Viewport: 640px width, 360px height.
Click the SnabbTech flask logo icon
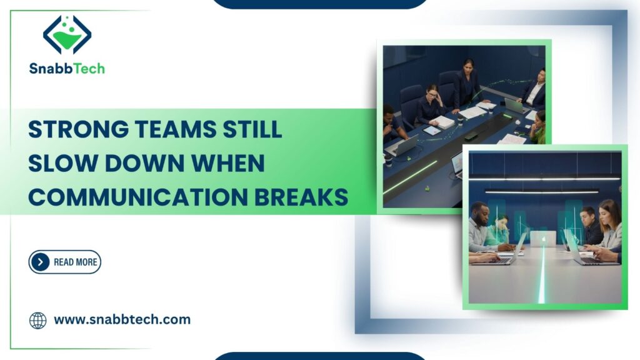[x=67, y=35]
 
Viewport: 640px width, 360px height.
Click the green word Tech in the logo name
[x=89, y=69]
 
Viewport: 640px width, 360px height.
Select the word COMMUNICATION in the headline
[x=138, y=197]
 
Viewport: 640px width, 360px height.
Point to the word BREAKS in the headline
[x=301, y=197]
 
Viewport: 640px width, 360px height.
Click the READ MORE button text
[x=76, y=262]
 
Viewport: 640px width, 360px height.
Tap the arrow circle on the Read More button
[x=40, y=262]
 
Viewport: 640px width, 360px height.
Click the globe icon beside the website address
[x=38, y=321]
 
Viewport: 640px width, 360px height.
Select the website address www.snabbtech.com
[x=122, y=319]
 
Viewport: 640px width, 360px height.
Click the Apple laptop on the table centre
[x=543, y=239]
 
